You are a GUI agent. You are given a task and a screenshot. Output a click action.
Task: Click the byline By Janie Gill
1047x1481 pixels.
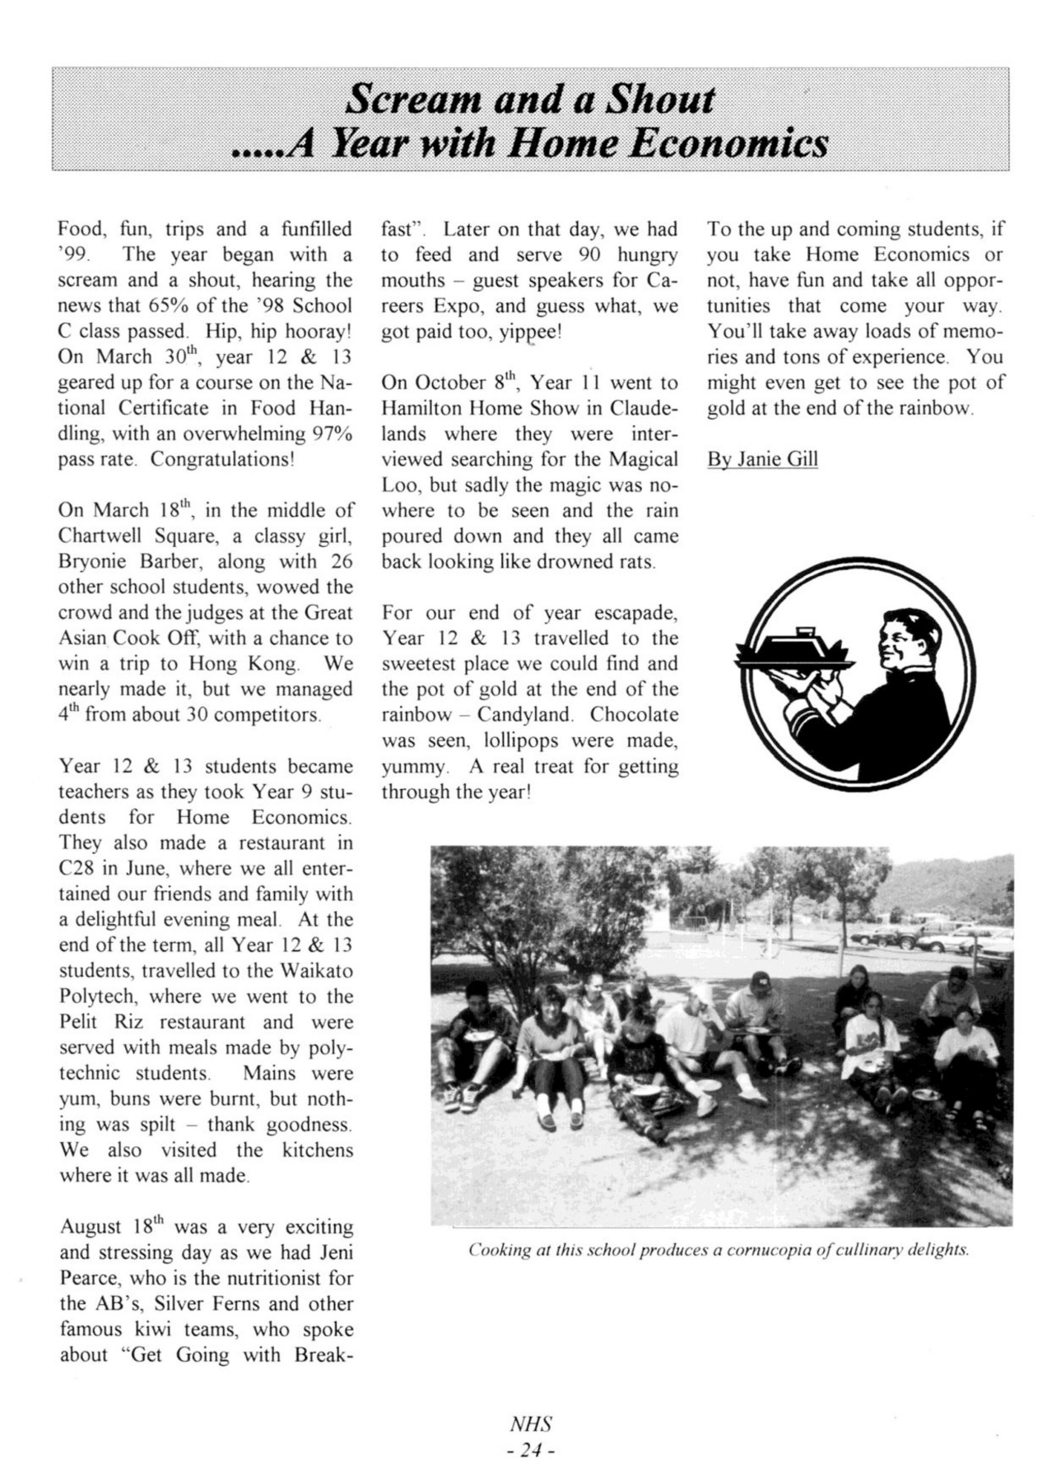[x=762, y=459]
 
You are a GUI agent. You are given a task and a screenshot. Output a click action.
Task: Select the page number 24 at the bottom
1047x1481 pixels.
[x=531, y=1451]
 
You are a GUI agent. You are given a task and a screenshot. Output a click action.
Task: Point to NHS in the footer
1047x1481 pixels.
[x=531, y=1424]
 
